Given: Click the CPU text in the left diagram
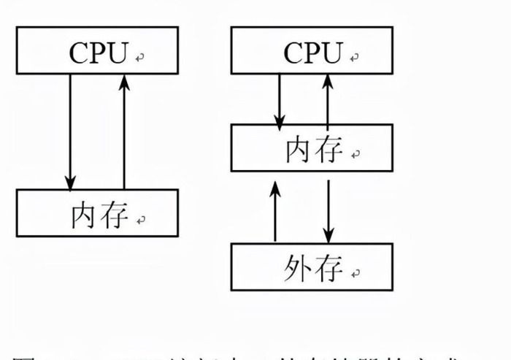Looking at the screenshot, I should (98, 53).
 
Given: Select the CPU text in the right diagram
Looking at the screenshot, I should (312, 53).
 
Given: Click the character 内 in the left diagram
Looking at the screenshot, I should (85, 215).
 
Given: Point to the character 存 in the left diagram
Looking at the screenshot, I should (114, 215).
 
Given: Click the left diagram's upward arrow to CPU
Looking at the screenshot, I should (124, 131).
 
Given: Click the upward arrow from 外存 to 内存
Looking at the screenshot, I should (274, 212).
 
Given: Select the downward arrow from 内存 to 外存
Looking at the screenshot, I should (328, 212).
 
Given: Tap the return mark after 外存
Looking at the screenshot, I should (356, 274).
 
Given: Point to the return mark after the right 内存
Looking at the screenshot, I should (356, 154).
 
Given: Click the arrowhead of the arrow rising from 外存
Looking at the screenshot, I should (274, 188).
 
